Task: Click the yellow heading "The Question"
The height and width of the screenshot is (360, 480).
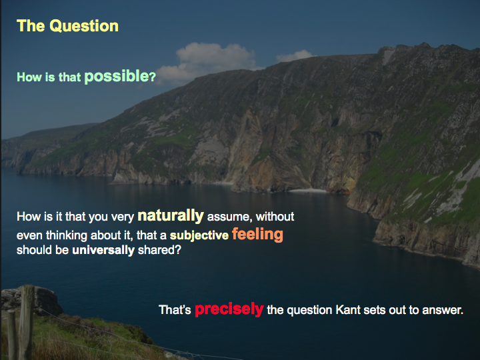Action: click(x=67, y=26)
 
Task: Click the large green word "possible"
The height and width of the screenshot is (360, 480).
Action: click(x=116, y=76)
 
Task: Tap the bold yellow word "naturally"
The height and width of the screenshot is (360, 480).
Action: click(x=171, y=215)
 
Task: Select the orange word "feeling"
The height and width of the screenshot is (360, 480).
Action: click(x=257, y=234)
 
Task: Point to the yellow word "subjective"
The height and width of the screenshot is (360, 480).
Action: click(x=199, y=235)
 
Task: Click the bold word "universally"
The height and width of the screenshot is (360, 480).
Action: click(x=103, y=250)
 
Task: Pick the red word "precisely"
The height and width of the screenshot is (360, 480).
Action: click(x=229, y=309)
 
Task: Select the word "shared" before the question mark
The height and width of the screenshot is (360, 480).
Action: click(x=155, y=250)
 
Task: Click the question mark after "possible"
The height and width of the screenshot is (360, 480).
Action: click(x=153, y=77)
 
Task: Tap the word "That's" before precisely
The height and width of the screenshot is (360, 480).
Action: click(x=175, y=309)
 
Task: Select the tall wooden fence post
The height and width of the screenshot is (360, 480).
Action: click(x=27, y=321)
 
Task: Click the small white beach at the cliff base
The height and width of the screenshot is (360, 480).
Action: click(x=307, y=191)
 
